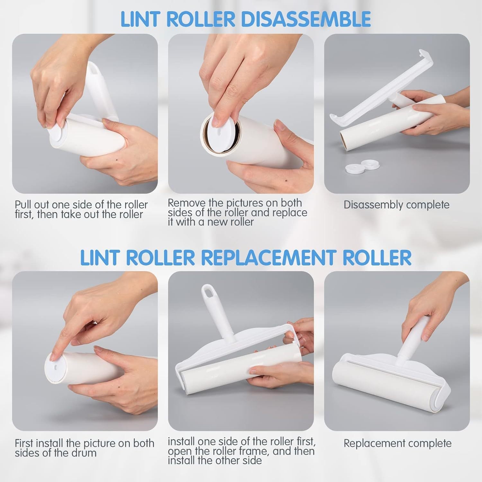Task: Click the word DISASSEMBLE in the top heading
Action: (x=306, y=19)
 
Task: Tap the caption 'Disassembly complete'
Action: (x=397, y=205)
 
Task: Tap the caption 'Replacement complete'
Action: (x=397, y=443)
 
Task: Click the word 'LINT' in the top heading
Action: (x=141, y=19)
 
